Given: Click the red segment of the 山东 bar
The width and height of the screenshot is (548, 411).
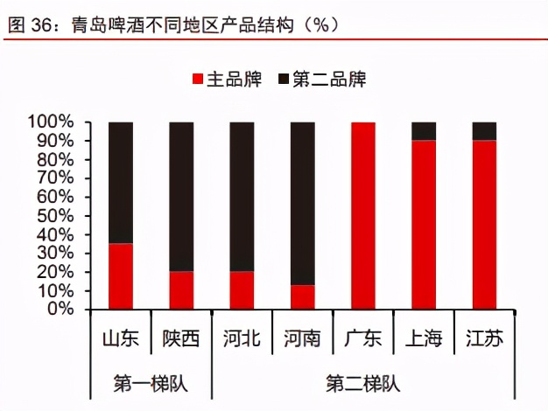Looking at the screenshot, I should tap(121, 276).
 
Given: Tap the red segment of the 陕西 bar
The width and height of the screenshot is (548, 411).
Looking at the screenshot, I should tap(181, 290).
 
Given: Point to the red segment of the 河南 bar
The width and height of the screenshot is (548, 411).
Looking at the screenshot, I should tap(303, 297).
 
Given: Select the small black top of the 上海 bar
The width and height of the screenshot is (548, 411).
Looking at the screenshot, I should tap(424, 131).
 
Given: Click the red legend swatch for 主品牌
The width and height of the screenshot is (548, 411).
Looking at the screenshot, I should tap(197, 80).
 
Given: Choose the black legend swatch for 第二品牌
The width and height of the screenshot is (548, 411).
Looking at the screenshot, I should tap(283, 80).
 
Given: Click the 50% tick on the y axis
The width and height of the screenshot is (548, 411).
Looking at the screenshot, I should tap(56, 215).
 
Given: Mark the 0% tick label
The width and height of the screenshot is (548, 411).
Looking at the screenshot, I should tap(60, 310).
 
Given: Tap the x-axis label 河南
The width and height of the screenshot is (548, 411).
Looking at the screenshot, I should tap(303, 338).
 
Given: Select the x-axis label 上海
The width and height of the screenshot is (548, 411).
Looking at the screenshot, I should tap(424, 338).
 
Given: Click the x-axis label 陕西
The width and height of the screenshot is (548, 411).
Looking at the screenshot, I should tap(181, 338).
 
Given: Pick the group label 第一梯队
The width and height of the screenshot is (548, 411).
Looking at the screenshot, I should tap(151, 383).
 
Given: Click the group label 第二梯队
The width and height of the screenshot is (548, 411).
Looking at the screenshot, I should tap(362, 383).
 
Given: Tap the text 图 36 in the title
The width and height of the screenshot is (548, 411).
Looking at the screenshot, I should tap(30, 25).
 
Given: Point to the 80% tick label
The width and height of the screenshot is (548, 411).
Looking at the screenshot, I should tap(56, 159).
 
